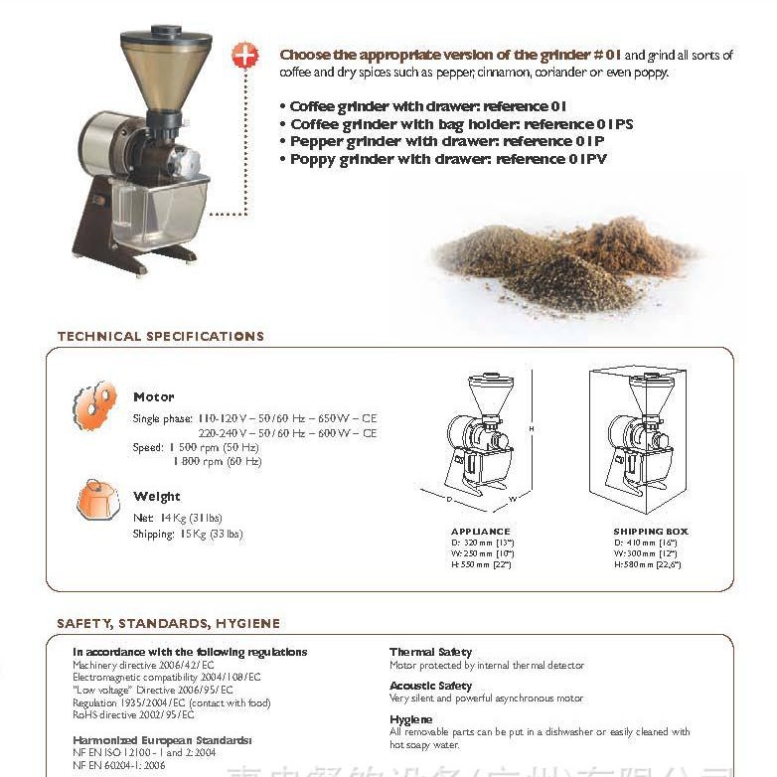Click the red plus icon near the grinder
point(244,55)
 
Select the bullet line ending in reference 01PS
point(461,124)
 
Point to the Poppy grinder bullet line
point(448,158)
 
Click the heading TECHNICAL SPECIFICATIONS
point(161,336)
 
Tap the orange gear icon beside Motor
point(94,404)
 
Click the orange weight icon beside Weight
point(97,501)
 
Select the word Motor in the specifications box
point(154,396)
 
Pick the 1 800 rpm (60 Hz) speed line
point(217,461)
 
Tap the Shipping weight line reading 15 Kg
point(187,535)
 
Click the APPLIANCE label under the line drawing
point(480,532)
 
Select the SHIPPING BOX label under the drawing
point(651,532)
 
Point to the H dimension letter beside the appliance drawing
point(532,428)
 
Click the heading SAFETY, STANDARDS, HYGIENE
point(168,624)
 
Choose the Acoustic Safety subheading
point(430,686)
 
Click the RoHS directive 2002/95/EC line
point(133,714)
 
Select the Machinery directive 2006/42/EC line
point(143,665)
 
